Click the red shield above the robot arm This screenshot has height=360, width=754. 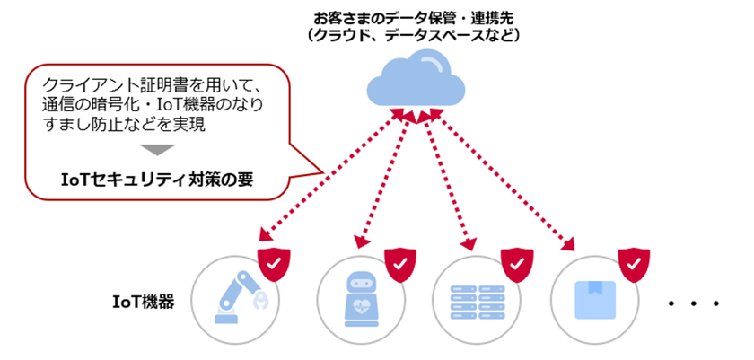pos(273,263)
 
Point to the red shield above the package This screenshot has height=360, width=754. pos(634,263)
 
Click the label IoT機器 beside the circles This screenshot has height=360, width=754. pos(143,300)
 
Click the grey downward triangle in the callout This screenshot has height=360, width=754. pos(155,150)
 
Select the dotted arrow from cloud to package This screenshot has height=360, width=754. pos(503,176)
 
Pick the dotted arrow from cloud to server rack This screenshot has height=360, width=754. pos(449,176)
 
